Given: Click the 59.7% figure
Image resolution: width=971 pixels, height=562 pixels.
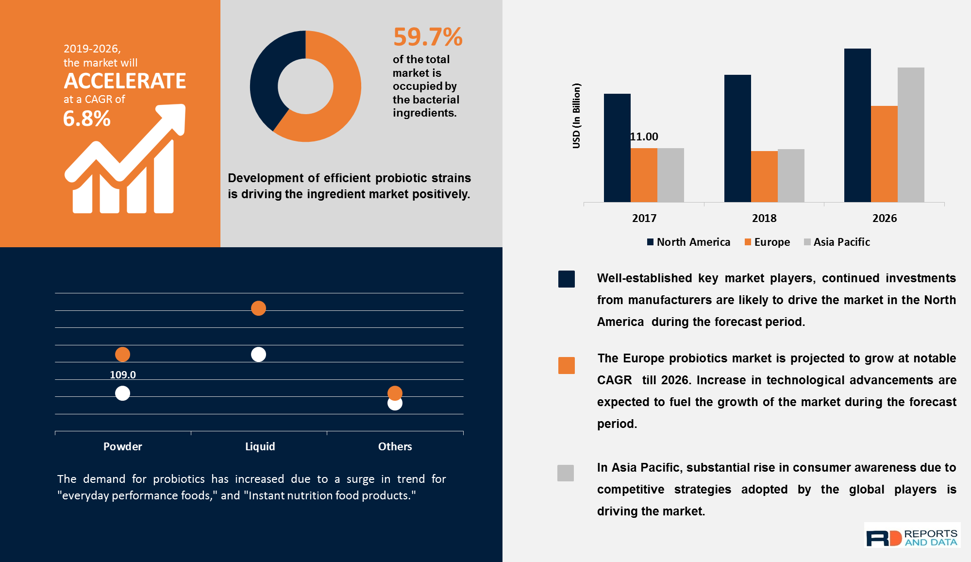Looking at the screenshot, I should pyautogui.click(x=427, y=37).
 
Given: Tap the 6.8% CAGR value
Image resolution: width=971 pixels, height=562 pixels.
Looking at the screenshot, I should pyautogui.click(x=87, y=119).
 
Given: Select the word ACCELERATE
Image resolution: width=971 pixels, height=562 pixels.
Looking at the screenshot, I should pyautogui.click(x=125, y=81).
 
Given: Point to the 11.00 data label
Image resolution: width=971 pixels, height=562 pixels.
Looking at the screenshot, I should pyautogui.click(x=644, y=136).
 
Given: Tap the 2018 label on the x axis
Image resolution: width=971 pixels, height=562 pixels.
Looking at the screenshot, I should pyautogui.click(x=764, y=218).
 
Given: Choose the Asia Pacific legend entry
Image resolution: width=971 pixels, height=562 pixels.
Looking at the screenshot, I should pyautogui.click(x=837, y=242).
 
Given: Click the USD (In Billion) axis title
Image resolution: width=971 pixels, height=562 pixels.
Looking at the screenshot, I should pyautogui.click(x=576, y=116).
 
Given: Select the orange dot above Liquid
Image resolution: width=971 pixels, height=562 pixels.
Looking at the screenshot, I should pyautogui.click(x=258, y=308).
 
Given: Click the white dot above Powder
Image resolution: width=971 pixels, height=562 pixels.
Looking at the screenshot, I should pyautogui.click(x=122, y=393).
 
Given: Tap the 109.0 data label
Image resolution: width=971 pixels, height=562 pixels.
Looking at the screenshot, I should pyautogui.click(x=123, y=375).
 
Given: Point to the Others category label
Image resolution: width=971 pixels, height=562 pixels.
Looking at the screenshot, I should pyautogui.click(x=395, y=446).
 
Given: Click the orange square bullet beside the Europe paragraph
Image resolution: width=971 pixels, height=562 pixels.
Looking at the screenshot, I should pyautogui.click(x=566, y=365).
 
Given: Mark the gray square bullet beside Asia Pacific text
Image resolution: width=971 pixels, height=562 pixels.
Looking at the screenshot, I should pyautogui.click(x=566, y=473).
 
